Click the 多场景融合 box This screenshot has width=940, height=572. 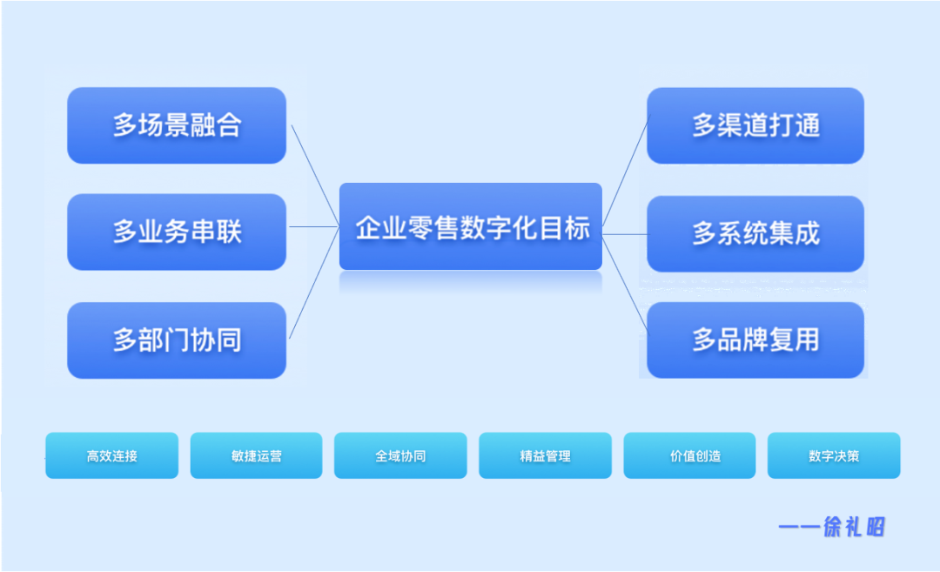177,125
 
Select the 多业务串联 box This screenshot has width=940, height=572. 177,232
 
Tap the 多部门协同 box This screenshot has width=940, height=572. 177,340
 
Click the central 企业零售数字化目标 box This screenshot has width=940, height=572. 471,227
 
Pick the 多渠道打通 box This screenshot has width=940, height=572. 755,125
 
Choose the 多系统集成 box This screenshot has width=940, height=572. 755,233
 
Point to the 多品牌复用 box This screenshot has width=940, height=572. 755,340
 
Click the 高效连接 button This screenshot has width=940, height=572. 111,455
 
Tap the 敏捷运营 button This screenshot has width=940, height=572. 256,455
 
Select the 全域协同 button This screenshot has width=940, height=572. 400,455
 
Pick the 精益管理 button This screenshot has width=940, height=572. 545,455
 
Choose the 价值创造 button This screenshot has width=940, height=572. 689,455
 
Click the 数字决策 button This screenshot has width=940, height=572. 834,455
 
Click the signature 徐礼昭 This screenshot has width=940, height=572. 854,527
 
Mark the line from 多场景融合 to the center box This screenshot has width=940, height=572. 314,174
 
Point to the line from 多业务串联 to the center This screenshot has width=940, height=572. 313,227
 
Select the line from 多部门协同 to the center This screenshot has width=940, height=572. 313,283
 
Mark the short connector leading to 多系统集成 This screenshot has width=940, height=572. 625,234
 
